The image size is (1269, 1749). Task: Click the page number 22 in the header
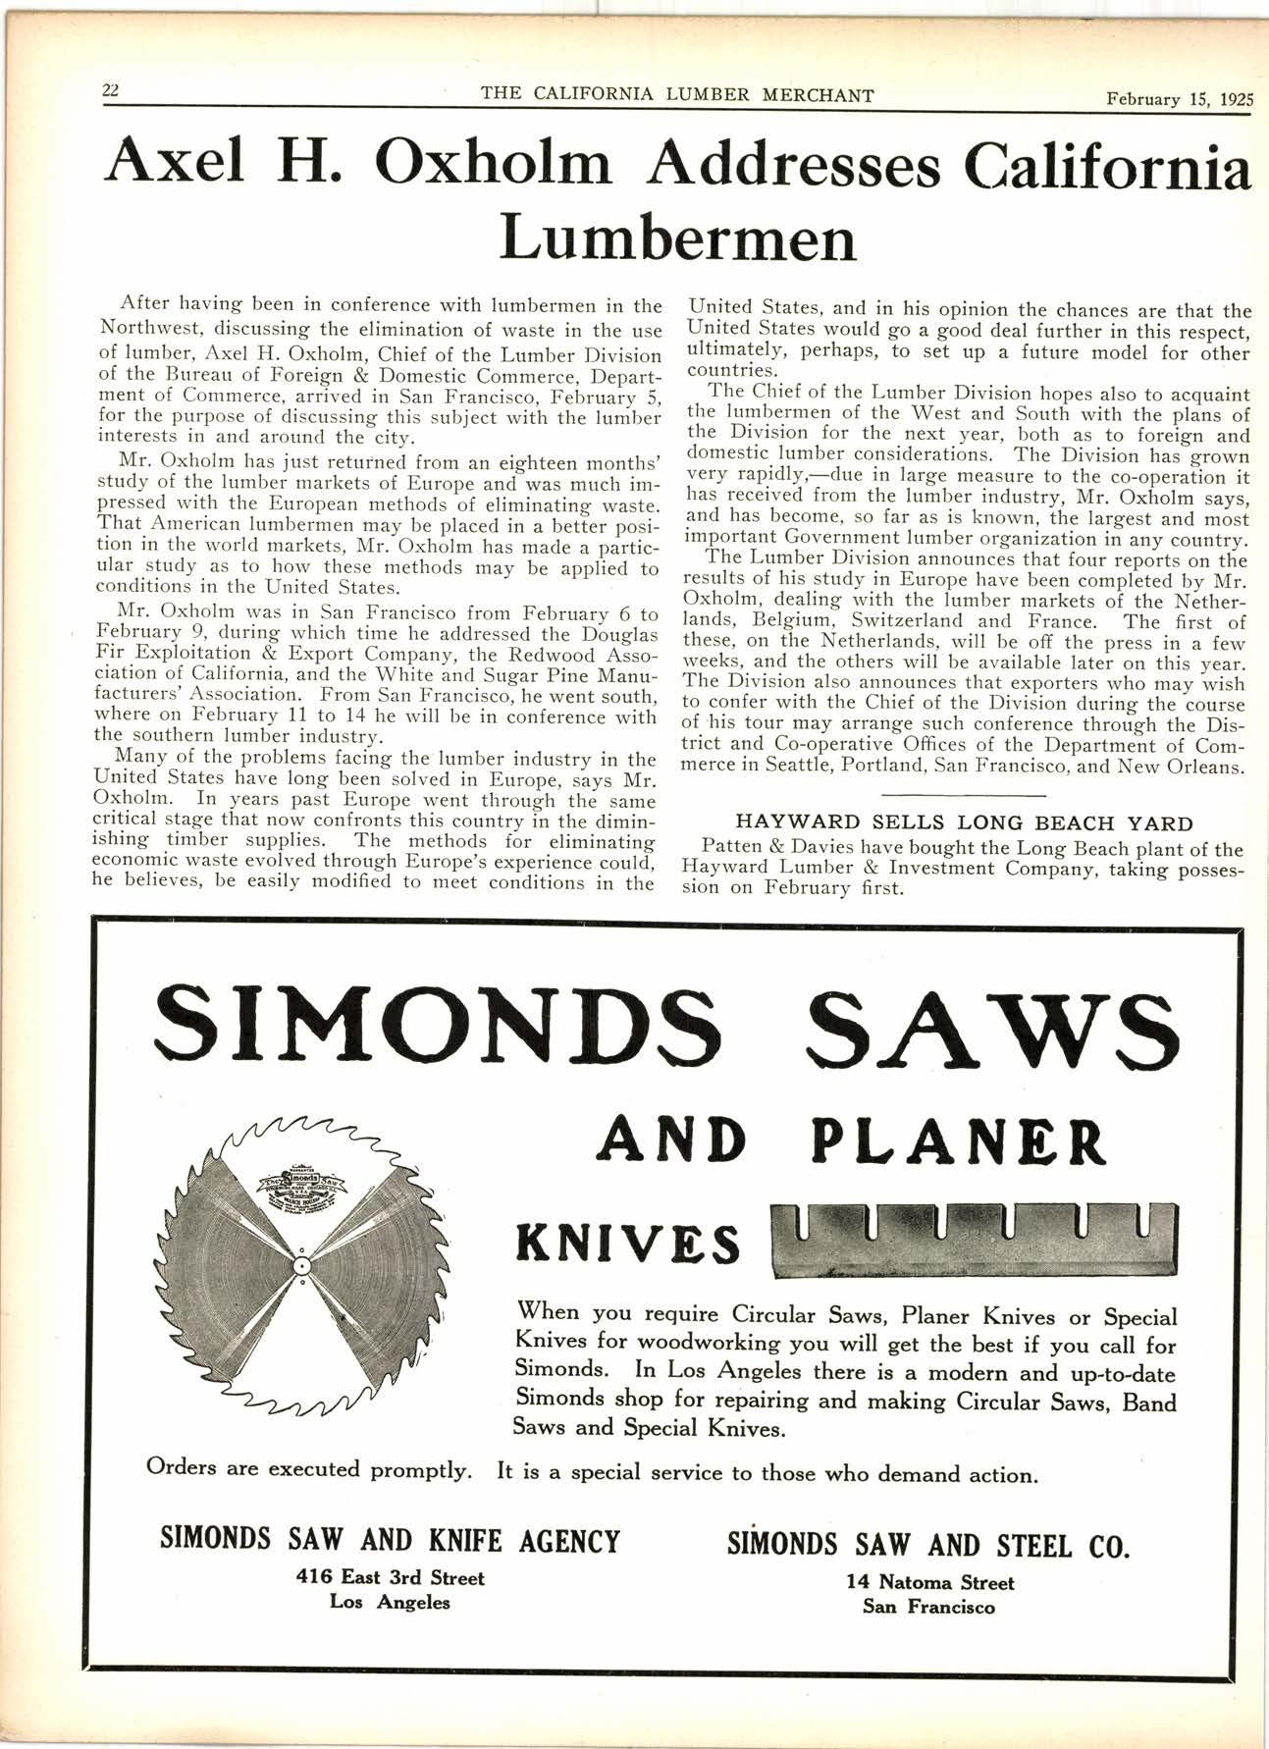[x=109, y=90]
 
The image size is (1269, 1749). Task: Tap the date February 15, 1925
[x=1178, y=98]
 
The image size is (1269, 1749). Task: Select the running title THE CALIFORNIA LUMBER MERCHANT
[x=678, y=95]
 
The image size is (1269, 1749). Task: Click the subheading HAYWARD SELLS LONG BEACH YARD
[x=965, y=823]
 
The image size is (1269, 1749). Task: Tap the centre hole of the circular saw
[x=302, y=1264]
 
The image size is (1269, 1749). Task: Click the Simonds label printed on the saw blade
[x=302, y=1177]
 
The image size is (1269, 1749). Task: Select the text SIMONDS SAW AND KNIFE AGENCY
[x=390, y=1541]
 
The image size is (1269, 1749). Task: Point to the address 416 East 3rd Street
[x=390, y=1578]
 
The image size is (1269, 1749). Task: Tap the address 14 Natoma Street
[x=928, y=1582]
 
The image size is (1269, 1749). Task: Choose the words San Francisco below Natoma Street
[x=928, y=1607]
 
